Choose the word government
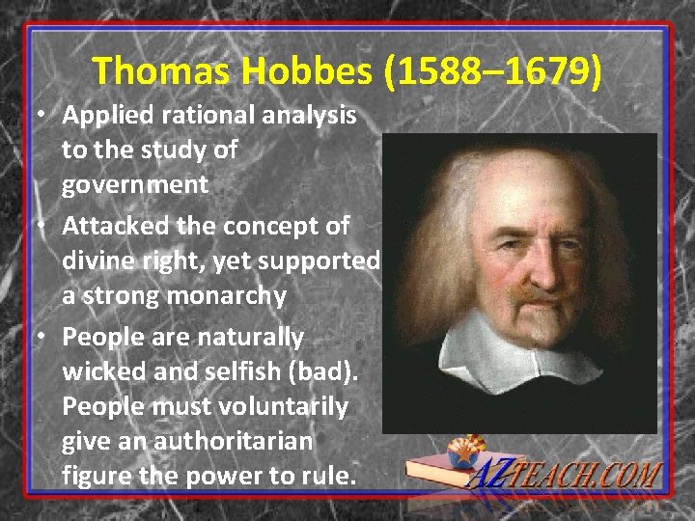point(135,183)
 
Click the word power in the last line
point(226,476)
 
